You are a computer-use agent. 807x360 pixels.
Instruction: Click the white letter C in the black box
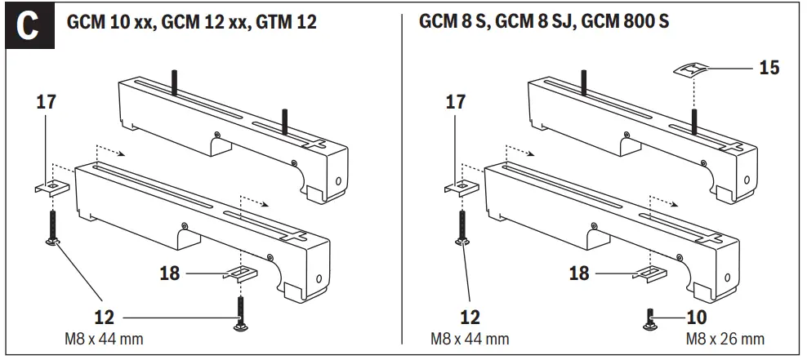tap(28, 24)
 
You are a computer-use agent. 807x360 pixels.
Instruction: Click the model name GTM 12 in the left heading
tap(285, 22)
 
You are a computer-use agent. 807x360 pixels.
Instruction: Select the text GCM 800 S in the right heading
tap(626, 22)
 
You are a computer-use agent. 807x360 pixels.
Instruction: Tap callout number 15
tap(768, 67)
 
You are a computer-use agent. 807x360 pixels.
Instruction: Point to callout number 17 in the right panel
tap(455, 102)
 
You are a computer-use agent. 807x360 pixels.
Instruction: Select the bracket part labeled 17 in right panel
tap(462, 186)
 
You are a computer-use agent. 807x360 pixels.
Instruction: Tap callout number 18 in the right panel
tap(578, 273)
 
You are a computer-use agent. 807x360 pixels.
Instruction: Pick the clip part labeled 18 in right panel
tap(650, 272)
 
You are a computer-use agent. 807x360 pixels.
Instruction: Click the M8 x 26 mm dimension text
tap(725, 338)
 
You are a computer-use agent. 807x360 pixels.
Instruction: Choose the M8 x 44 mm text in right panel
tap(470, 338)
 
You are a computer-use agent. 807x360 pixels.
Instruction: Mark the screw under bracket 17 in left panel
tap(52, 226)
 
